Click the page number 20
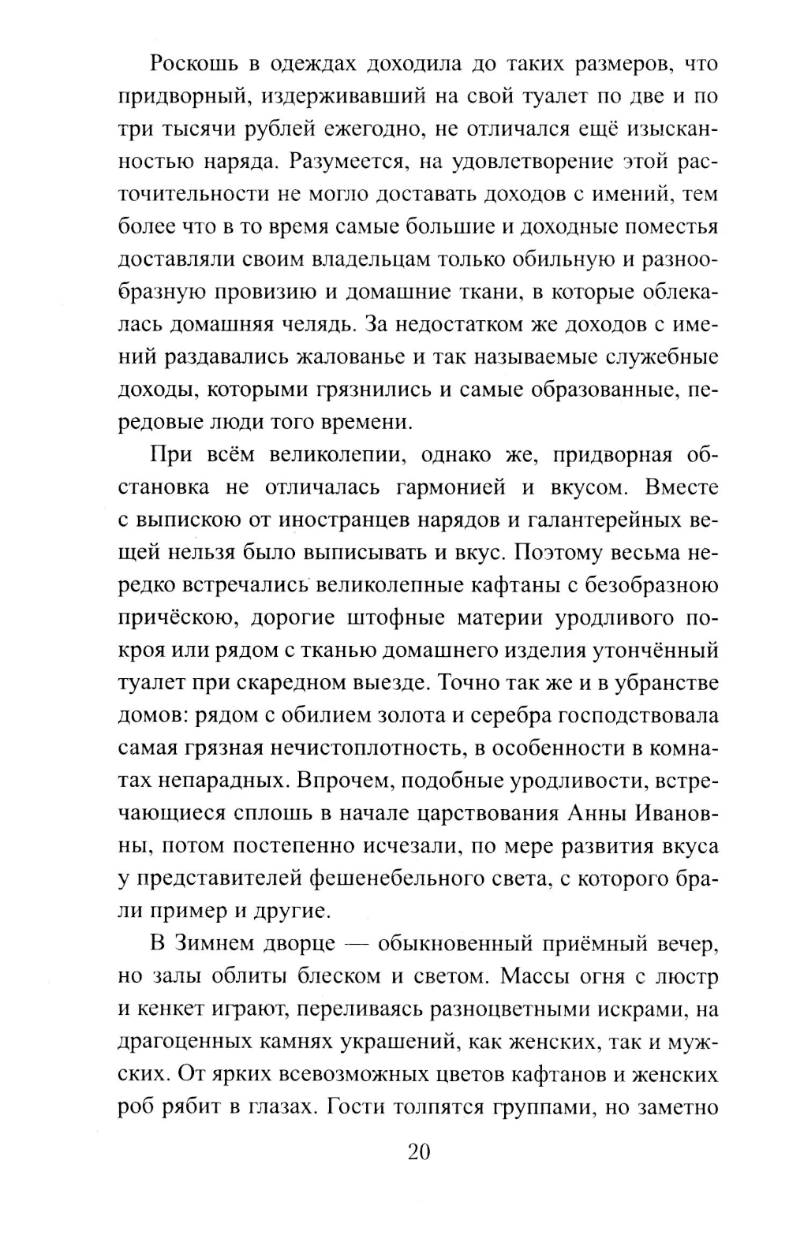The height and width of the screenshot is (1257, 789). [418, 1152]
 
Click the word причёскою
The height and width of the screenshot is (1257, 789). [174, 617]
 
